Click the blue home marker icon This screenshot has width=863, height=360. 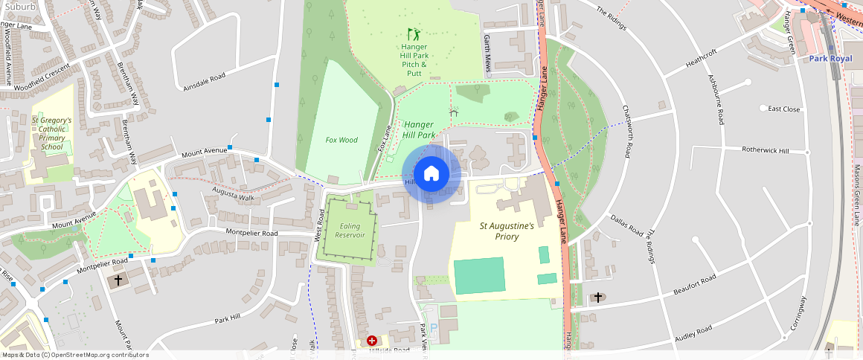click(x=431, y=174)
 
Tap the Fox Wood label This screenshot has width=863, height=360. click(x=341, y=140)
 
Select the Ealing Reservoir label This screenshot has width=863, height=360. click(x=351, y=230)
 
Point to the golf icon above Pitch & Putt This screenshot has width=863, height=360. click(x=414, y=34)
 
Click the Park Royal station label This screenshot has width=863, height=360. click(x=830, y=58)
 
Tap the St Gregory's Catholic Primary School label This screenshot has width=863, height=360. click(x=52, y=133)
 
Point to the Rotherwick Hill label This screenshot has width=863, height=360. click(x=766, y=150)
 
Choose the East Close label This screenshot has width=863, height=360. click(x=784, y=109)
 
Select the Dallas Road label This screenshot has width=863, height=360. click(x=626, y=225)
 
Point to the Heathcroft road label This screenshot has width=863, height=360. click(x=700, y=57)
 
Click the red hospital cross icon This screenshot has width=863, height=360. click(x=371, y=340)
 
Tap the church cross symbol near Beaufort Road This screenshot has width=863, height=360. click(x=597, y=298)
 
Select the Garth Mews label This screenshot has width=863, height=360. click(x=487, y=51)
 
